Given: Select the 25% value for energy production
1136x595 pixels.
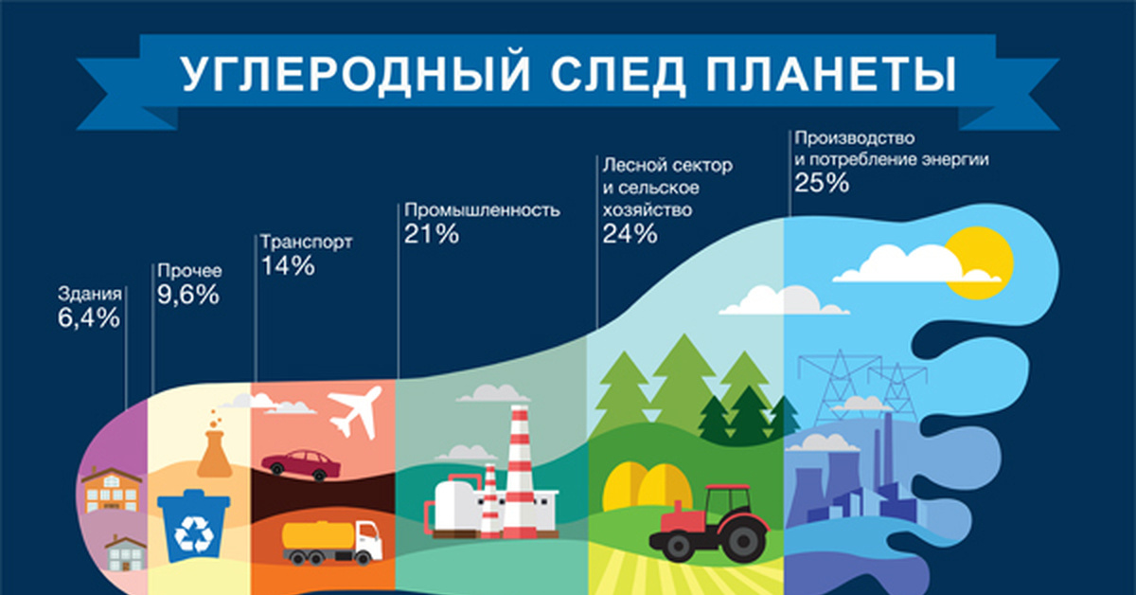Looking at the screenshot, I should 822,184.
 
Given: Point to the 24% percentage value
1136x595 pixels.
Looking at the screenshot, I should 630,233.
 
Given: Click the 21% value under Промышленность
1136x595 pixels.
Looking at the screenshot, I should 432,233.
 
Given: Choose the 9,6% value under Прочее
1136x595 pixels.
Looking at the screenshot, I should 188,295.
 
